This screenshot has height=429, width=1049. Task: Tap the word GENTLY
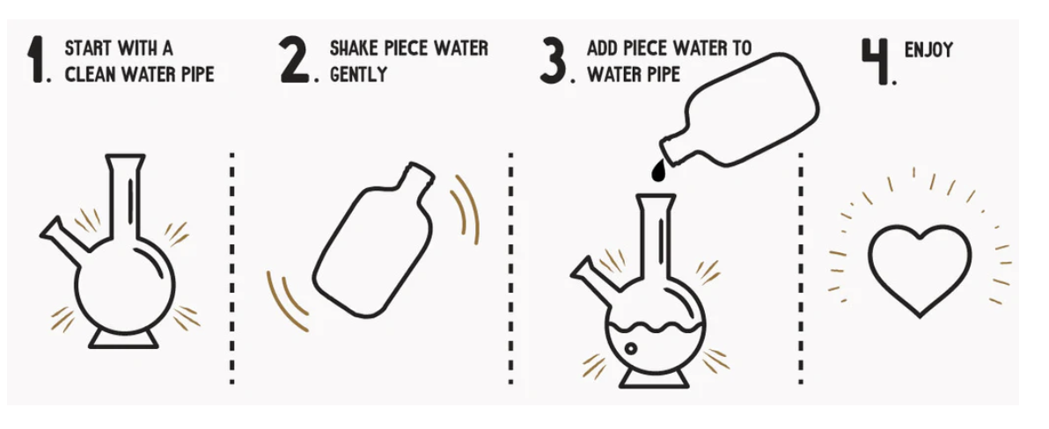point(358,74)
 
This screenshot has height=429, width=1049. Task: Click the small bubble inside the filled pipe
point(630,348)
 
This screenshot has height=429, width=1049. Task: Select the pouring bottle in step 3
point(739,110)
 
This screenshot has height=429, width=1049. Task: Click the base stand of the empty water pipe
point(124,339)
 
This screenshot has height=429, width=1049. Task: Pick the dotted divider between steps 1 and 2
point(231,267)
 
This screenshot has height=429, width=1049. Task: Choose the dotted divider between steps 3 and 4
point(799,267)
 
